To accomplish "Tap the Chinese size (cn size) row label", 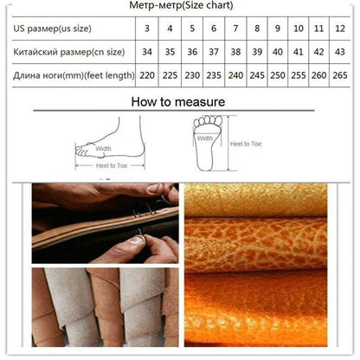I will (x=73, y=53).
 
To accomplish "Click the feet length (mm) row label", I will (x=74, y=75).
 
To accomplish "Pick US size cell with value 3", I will (x=147, y=30).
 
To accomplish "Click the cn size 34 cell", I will (x=147, y=53).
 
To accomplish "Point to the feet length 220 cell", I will (x=147, y=75).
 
